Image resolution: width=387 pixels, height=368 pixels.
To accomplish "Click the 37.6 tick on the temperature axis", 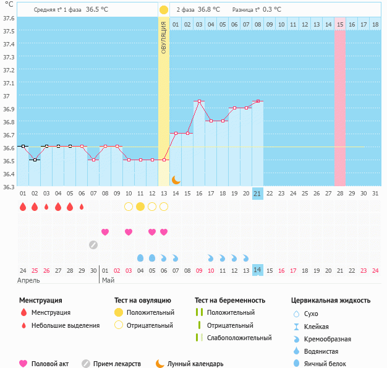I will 9,18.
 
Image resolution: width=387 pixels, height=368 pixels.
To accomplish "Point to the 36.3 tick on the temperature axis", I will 9,187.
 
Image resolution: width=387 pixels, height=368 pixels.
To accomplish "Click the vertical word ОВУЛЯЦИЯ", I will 164,37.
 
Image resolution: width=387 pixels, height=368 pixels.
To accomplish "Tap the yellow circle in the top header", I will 164,10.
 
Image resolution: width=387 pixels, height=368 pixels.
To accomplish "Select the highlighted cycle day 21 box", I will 258,194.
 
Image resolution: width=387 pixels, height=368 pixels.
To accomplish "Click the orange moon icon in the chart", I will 176,179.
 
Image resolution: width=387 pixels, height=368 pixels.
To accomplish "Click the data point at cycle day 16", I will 199,101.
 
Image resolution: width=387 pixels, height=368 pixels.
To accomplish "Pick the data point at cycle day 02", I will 35,160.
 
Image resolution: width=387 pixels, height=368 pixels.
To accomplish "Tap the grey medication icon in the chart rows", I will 93,244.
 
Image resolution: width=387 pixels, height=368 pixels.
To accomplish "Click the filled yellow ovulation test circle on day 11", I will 140,207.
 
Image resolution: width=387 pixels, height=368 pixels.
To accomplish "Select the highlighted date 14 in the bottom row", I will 258,270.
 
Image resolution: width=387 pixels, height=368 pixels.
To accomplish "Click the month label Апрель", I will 28,280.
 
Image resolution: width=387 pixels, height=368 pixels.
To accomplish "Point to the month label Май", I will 108,280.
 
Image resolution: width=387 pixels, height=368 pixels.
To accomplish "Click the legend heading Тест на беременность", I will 230,301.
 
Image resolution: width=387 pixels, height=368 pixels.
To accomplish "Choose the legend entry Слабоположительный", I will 239,338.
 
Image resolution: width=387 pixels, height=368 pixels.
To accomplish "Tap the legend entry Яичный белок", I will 328,364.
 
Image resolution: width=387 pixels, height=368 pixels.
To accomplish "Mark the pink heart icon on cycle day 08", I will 105,232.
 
